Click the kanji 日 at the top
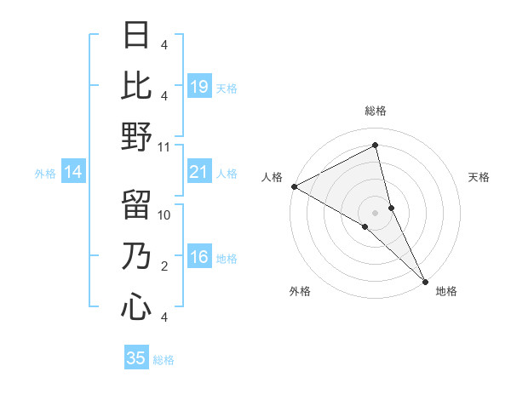point(136,35)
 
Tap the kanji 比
point(136,85)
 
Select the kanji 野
point(136,136)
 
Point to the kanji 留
point(136,205)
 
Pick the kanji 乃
point(136,256)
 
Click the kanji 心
point(136,307)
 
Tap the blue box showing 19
point(199,86)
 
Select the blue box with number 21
point(199,173)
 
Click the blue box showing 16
point(199,258)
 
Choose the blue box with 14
point(73,173)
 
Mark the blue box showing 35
point(136,358)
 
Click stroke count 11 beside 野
point(164,146)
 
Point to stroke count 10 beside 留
point(164,215)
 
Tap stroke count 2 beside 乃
point(164,266)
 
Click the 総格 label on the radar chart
point(376,111)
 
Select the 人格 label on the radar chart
point(273,177)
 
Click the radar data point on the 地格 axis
point(426,280)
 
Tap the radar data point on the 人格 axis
point(293,186)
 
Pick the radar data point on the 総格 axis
point(376,146)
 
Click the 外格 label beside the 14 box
point(45,174)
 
